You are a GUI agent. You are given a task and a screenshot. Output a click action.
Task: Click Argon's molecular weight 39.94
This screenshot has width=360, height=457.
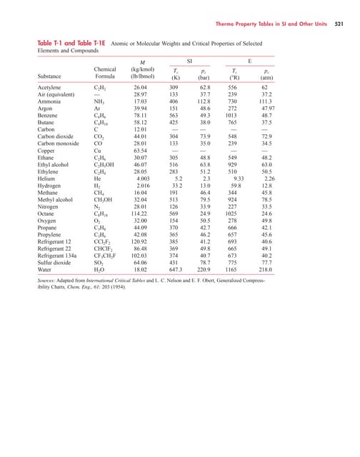pyautogui.click(x=144, y=109)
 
